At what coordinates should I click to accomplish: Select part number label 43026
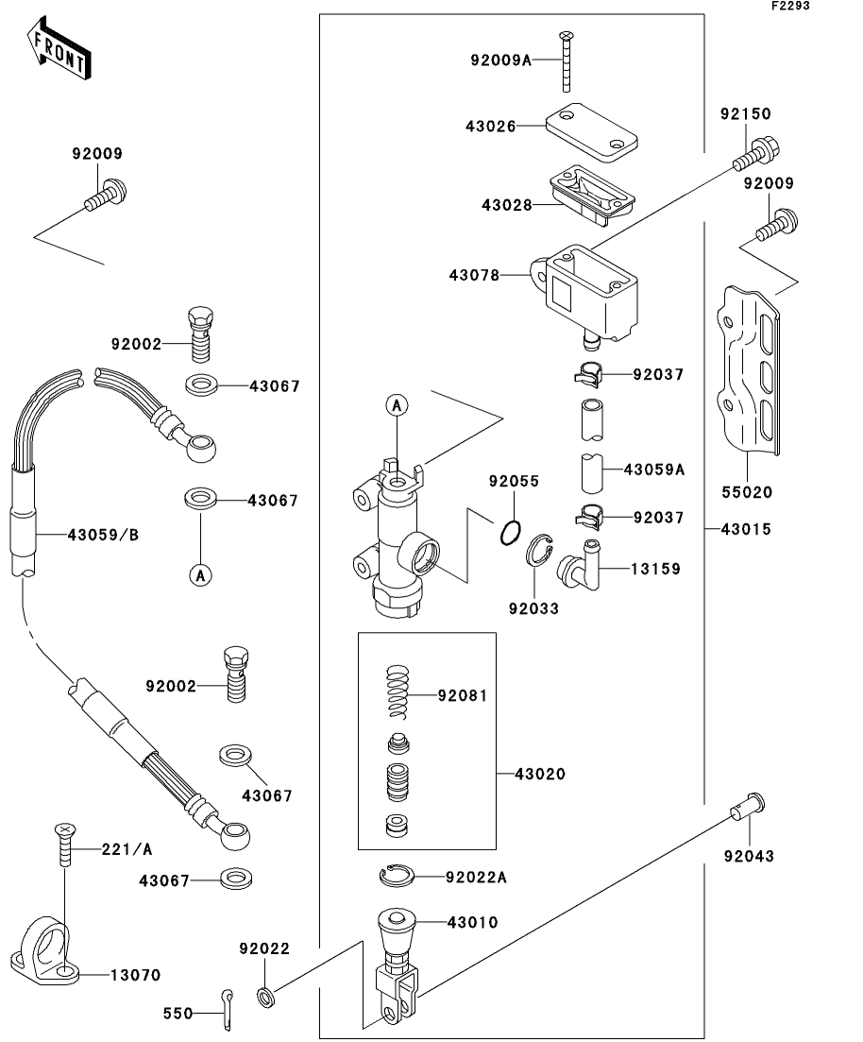(489, 127)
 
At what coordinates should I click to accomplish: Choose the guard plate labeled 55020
(751, 374)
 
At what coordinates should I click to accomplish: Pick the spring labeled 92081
(399, 695)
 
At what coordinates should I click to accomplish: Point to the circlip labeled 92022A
(398, 877)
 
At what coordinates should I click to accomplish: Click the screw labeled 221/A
(63, 846)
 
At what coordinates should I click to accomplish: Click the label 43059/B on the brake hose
(103, 535)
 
